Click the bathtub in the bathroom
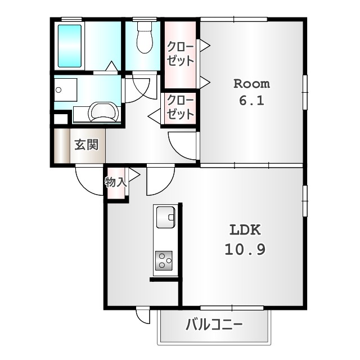[70, 46]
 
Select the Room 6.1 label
[251, 92]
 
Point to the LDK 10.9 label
[245, 240]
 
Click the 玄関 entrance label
[87, 145]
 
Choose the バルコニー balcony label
[214, 325]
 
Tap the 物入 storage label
[116, 182]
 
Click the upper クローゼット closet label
[180, 54]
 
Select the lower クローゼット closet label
[180, 107]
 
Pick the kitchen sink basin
[165, 217]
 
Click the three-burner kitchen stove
[164, 260]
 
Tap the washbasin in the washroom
[102, 112]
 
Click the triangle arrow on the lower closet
[154, 116]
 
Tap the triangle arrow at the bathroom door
[111, 66]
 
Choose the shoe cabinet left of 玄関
[62, 146]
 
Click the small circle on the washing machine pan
[58, 90]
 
